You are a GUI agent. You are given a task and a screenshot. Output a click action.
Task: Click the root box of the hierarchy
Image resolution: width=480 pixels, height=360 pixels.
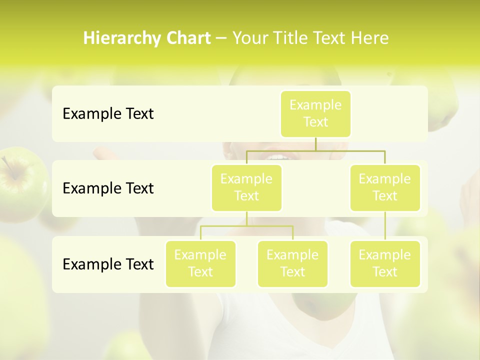click(315, 114)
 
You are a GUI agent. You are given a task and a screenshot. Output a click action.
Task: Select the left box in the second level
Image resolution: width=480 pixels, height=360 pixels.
click(246, 188)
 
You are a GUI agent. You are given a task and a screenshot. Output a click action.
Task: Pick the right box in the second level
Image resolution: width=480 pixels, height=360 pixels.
click(385, 188)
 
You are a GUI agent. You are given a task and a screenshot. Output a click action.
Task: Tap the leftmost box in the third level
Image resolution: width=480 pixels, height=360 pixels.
click(200, 264)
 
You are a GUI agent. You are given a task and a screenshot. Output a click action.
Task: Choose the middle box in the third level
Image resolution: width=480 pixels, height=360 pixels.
click(292, 264)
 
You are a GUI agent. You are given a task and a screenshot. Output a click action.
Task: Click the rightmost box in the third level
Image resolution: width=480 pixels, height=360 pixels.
click(385, 264)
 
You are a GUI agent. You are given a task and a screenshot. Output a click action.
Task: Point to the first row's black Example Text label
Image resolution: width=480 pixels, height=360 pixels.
click(108, 114)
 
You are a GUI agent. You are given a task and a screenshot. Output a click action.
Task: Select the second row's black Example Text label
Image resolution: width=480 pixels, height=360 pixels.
click(108, 188)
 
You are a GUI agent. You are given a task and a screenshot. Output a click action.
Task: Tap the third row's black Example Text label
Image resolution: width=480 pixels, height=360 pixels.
click(108, 264)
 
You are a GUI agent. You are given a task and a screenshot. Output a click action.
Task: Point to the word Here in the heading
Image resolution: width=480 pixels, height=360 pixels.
click(370, 38)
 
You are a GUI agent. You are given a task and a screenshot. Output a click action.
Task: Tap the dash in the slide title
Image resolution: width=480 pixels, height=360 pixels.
click(221, 38)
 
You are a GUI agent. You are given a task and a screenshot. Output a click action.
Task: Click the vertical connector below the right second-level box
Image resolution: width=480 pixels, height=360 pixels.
click(385, 226)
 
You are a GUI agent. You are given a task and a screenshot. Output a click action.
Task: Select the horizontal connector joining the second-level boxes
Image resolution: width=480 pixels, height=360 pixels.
click(315, 150)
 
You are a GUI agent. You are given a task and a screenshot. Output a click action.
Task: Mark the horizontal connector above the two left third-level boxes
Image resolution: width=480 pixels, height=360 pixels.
click(246, 226)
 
